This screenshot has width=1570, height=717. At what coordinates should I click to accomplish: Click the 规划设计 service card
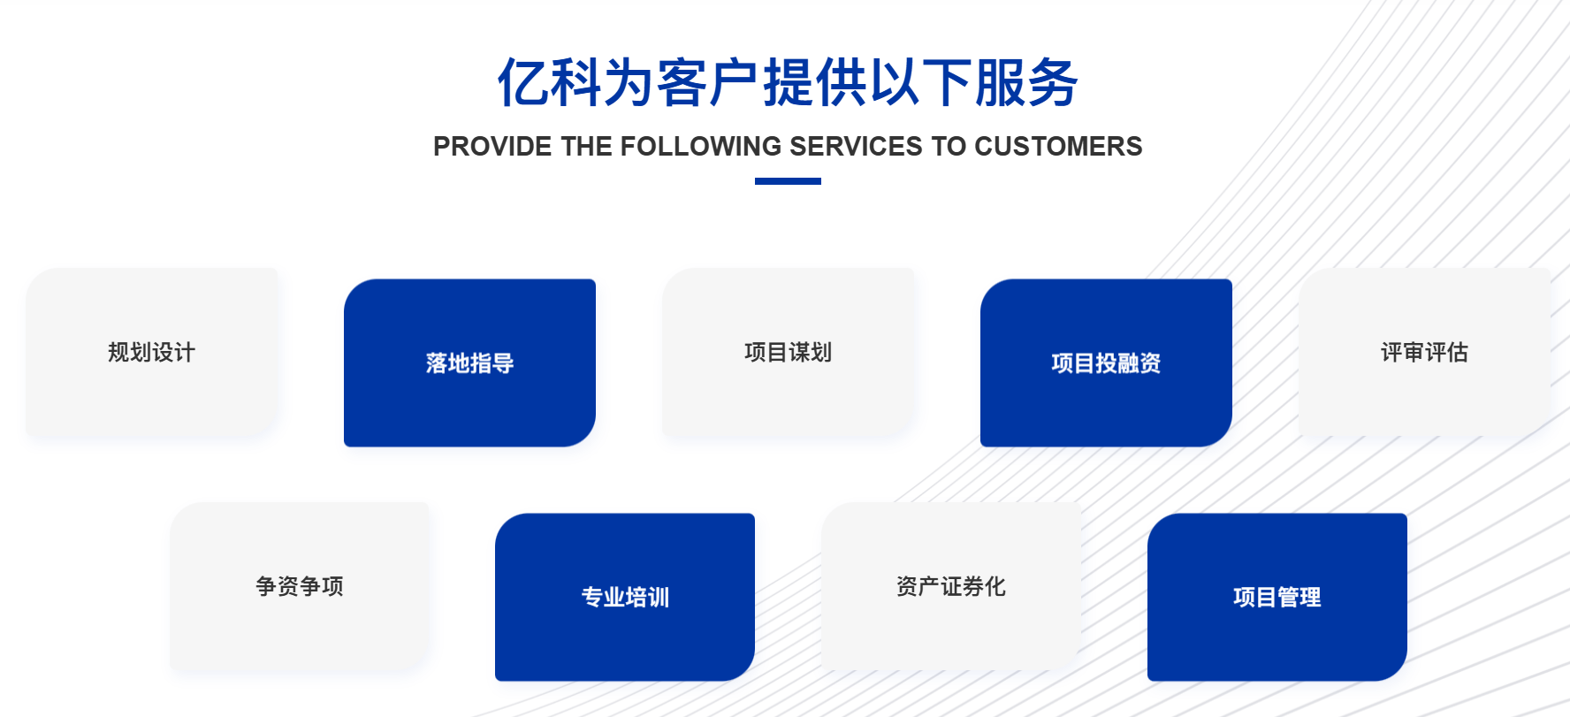pyautogui.click(x=152, y=352)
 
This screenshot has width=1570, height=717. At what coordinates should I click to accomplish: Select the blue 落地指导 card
pyautogui.click(x=469, y=362)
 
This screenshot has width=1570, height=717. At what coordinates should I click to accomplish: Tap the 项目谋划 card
pyautogui.click(x=789, y=352)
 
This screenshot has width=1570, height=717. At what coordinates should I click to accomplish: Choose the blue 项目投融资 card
pyautogui.click(x=1106, y=362)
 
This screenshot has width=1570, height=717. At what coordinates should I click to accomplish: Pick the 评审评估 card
pyautogui.click(x=1425, y=352)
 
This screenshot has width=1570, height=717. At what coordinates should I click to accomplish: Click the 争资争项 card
pyautogui.click(x=300, y=586)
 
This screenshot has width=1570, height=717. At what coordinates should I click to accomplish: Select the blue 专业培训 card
pyautogui.click(x=625, y=597)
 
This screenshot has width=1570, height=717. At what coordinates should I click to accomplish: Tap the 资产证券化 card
pyautogui.click(x=951, y=586)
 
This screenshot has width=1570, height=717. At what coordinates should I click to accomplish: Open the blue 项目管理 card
pyautogui.click(x=1277, y=597)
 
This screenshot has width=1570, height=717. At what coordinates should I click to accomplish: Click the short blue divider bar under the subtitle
pyautogui.click(x=788, y=181)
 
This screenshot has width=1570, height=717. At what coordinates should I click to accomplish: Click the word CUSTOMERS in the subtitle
pyautogui.click(x=1058, y=147)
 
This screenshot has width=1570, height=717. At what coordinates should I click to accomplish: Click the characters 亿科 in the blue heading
pyautogui.click(x=550, y=83)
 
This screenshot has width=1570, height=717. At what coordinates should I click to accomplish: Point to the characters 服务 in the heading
pyautogui.click(x=1026, y=83)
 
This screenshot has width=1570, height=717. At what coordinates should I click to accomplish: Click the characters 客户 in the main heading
pyautogui.click(x=709, y=83)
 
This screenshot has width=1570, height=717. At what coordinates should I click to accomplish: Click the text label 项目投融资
pyautogui.click(x=1106, y=363)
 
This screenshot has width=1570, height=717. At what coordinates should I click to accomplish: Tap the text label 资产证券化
pyautogui.click(x=951, y=586)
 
